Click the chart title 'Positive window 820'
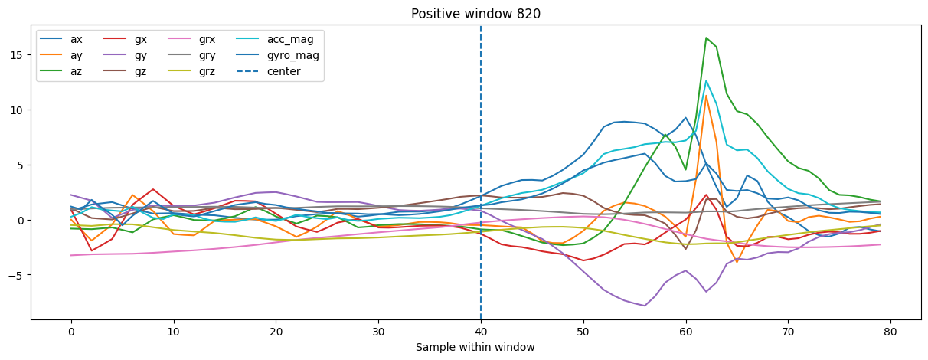click(463, 14)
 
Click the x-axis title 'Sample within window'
click(475, 347)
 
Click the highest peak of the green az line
click(707, 38)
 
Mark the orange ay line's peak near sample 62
click(707, 95)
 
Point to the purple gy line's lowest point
click(645, 306)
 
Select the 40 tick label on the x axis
click(481, 332)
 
